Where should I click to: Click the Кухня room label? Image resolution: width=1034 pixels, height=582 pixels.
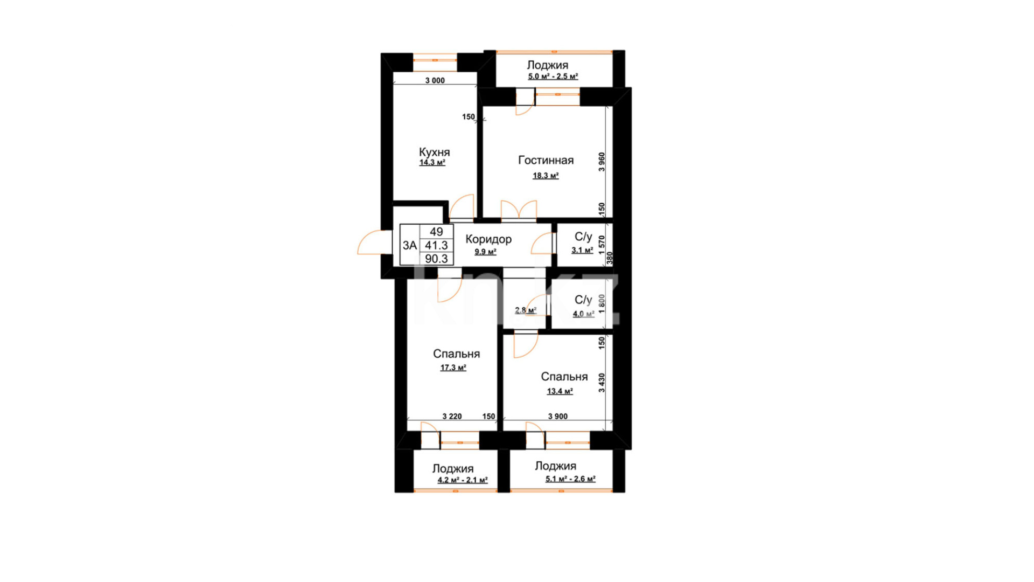pos(434,153)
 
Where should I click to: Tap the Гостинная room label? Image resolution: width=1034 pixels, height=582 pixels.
pos(546,160)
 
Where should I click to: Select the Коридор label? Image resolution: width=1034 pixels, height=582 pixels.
pos(488,239)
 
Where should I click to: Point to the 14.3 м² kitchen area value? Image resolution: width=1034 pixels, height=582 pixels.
pos(432,163)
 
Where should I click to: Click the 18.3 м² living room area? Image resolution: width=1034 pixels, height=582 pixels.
pos(546,176)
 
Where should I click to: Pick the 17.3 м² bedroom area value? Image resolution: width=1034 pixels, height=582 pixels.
pos(453,368)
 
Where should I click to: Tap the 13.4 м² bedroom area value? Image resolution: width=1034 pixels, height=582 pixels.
pos(560,391)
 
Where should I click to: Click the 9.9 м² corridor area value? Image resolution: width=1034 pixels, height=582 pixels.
pos(485,252)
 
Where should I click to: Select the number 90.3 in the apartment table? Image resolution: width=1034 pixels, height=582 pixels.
pos(436,259)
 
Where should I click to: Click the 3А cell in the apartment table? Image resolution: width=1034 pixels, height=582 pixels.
pos(409,246)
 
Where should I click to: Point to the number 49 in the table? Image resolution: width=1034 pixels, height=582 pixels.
pos(436,232)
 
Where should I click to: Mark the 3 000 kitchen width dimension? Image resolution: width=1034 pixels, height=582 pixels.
pos(435,81)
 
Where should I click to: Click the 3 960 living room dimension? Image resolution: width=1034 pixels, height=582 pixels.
pos(602,162)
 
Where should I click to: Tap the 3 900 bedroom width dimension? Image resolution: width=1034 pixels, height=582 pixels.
pos(558,417)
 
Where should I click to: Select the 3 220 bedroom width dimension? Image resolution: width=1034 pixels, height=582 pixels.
pos(452,417)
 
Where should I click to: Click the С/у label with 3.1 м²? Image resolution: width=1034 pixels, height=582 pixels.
pos(583,237)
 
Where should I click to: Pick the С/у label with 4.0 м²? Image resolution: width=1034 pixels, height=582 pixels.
pos(583,300)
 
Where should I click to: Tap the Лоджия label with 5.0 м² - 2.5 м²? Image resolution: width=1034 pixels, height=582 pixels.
pos(548,65)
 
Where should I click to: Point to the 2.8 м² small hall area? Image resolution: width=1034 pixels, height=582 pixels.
pos(526,310)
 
